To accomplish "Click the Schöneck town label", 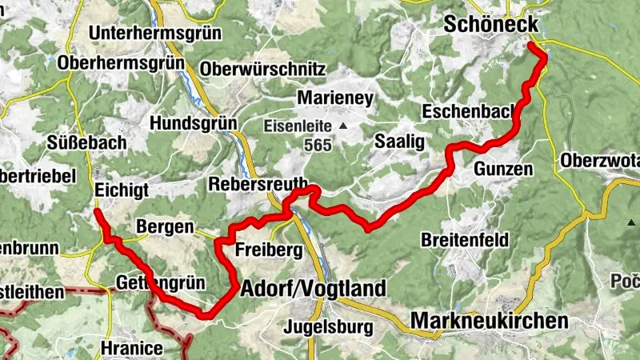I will point(491,25).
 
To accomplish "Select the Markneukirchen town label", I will point(490,321).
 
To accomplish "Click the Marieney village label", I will point(335,98).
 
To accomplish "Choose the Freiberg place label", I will point(269,251).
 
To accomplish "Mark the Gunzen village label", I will point(502,170).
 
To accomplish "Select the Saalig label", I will point(398,141).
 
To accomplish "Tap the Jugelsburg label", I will point(328,326).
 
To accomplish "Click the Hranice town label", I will point(133,348).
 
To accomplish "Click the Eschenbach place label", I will point(470,111).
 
